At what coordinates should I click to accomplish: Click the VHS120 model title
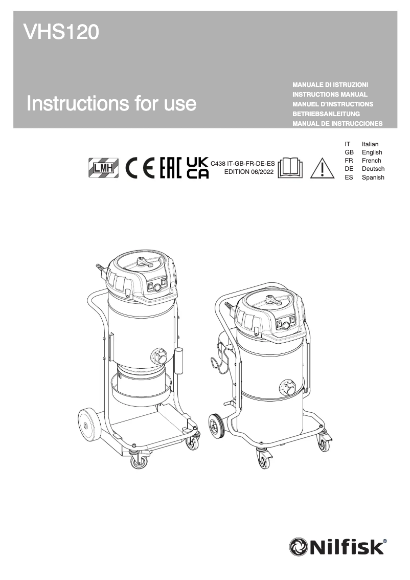coord(61,33)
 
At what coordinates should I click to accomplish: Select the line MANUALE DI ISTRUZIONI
coord(330,84)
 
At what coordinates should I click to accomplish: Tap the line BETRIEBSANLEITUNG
coord(326,114)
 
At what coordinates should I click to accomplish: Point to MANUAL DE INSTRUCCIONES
coord(337,124)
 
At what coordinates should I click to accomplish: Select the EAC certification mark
coord(171,167)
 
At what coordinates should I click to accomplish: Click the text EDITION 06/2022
coord(245,172)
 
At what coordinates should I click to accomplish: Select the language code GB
coord(349,152)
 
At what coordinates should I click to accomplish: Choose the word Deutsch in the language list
coord(373,169)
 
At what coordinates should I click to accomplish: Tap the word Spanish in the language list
coord(373,177)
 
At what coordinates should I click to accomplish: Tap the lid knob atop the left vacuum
coord(141,262)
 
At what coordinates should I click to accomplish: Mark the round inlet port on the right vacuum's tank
coord(287,387)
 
